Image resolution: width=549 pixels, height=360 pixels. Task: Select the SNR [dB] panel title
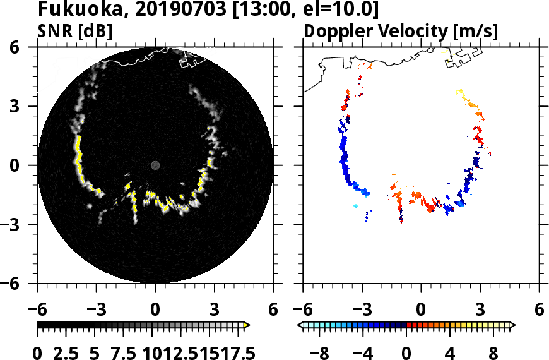[75, 30]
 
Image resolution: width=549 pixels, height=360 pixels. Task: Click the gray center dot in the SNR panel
[155, 165]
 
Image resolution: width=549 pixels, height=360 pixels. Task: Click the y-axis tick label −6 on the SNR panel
[22, 284]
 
